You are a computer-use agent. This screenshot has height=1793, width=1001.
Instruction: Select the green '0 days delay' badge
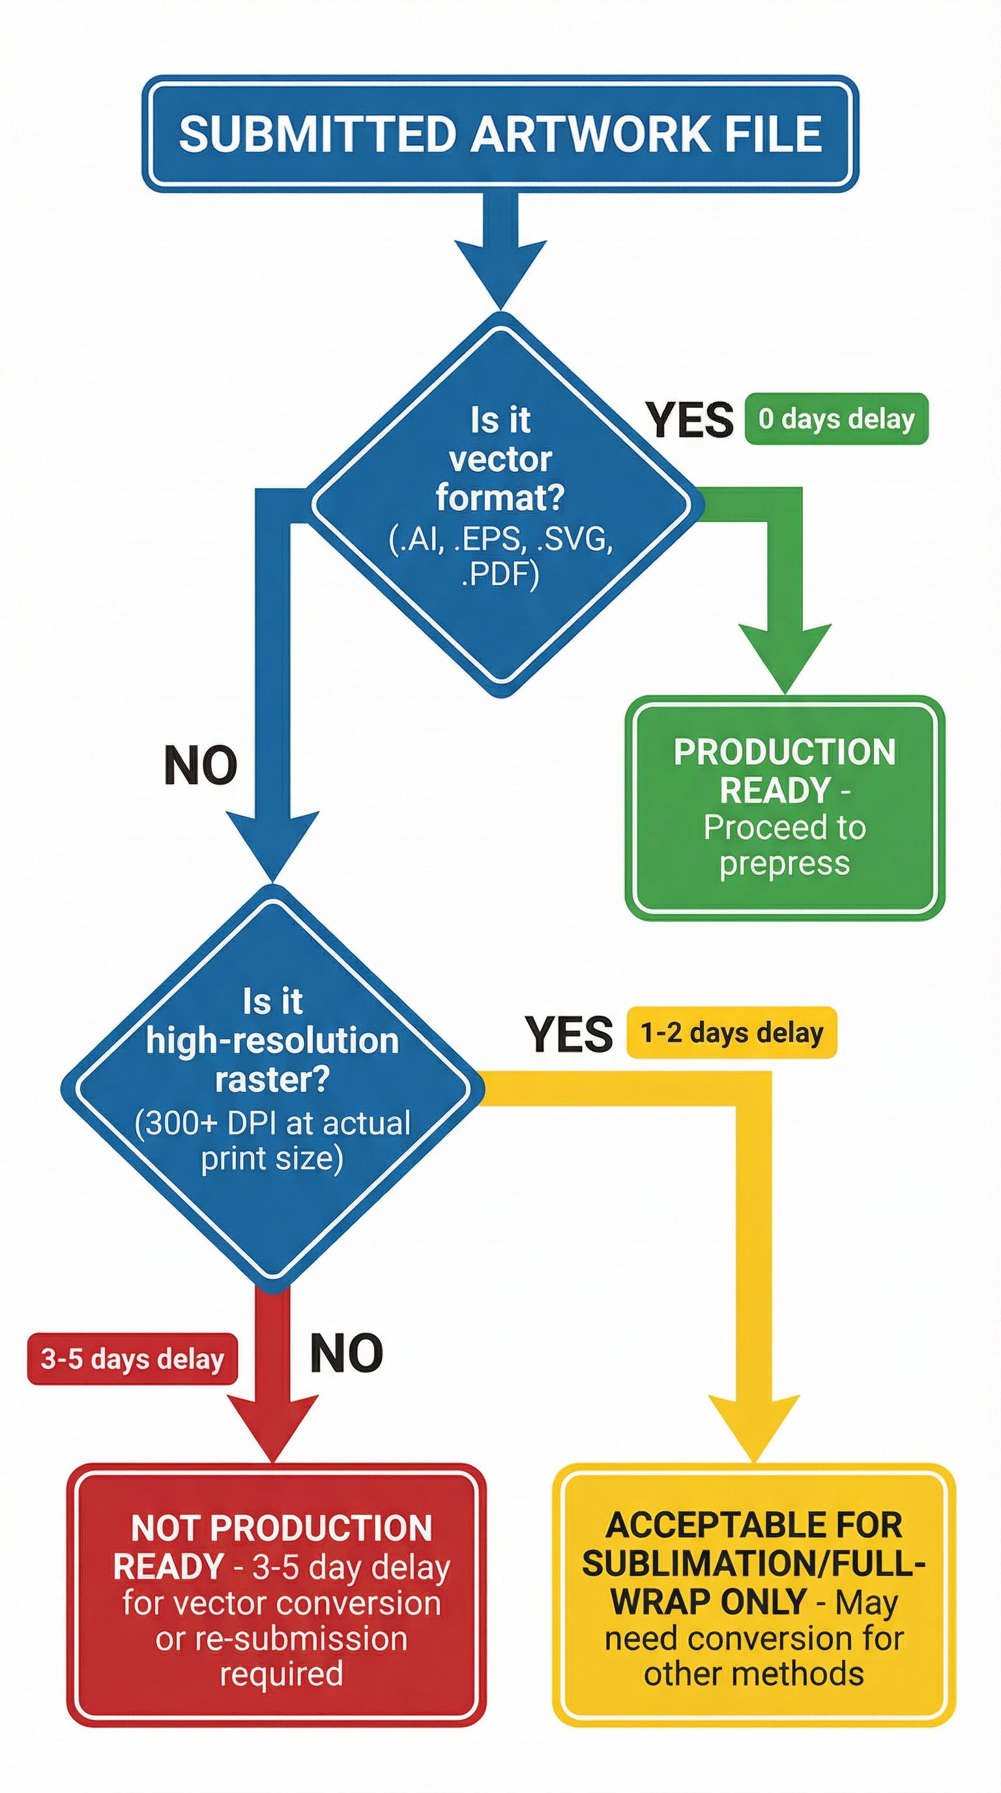(836, 419)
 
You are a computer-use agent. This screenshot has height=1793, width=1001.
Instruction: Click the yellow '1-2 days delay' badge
(731, 1032)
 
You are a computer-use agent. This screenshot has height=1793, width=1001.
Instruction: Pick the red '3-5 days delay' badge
(132, 1358)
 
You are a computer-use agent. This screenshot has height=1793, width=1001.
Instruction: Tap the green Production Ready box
(785, 807)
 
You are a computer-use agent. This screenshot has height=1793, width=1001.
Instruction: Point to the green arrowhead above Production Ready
(785, 654)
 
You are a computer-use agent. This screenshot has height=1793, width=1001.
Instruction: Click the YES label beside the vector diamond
(689, 420)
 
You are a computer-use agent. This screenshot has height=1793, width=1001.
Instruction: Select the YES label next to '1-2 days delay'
(569, 1035)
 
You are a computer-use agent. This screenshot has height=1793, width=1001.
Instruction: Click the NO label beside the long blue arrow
(201, 766)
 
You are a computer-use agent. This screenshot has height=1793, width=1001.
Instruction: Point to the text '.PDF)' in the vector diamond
(500, 575)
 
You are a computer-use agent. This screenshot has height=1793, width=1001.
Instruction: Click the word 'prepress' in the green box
(785, 863)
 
